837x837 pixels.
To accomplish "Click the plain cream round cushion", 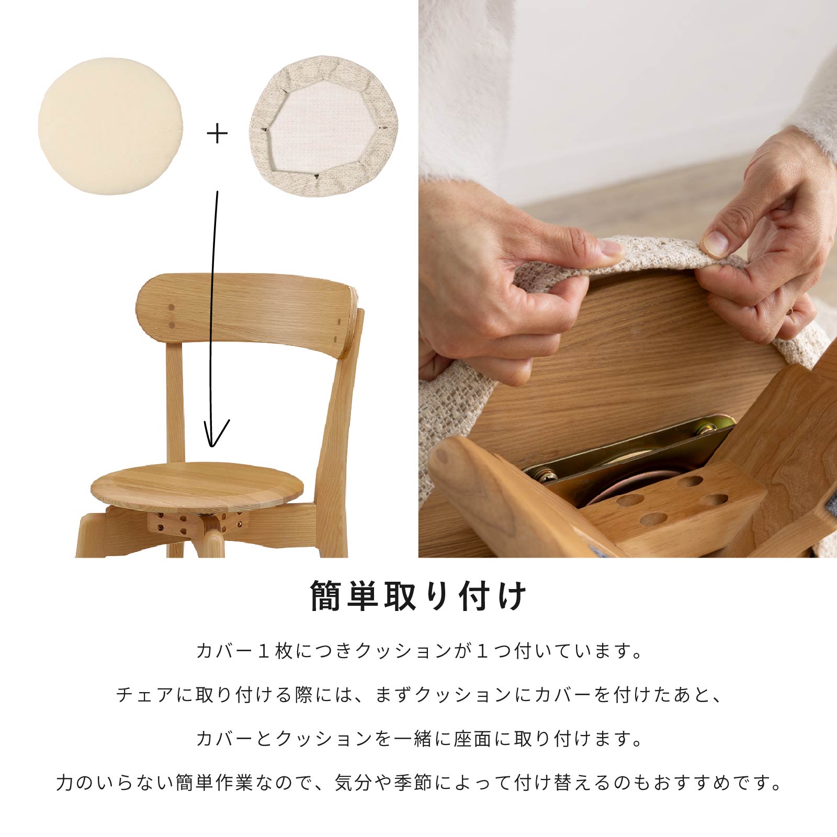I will click(110, 126).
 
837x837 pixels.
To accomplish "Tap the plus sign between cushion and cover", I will click(217, 134).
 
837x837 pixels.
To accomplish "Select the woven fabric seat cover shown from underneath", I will click(324, 126).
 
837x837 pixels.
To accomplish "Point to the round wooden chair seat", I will click(197, 486).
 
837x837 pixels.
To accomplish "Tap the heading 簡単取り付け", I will click(418, 596).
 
